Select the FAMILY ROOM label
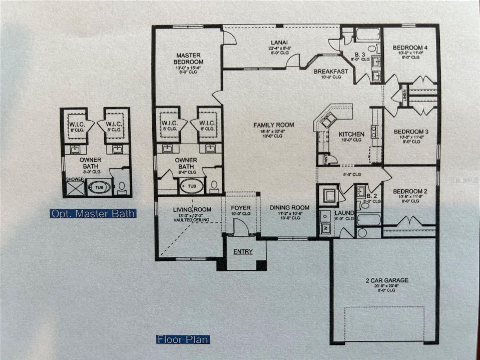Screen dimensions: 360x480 [x=274, y=125]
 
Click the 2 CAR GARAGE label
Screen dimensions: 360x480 [x=387, y=280]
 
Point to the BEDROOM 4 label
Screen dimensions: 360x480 [x=410, y=48]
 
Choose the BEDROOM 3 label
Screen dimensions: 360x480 [x=411, y=132]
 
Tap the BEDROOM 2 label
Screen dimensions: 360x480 [x=410, y=191]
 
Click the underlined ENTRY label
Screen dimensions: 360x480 [x=243, y=252]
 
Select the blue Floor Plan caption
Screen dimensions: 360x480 [x=183, y=340]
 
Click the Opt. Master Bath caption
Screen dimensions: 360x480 [x=93, y=214]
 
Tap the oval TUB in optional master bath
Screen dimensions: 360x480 [x=99, y=187]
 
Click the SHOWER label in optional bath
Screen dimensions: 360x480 [x=75, y=179]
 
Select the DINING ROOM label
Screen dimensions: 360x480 [x=289, y=208]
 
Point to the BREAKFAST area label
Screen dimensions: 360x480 [x=331, y=72]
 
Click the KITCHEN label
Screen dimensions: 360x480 [x=351, y=134]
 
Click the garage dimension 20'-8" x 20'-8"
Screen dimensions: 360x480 [x=387, y=286]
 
